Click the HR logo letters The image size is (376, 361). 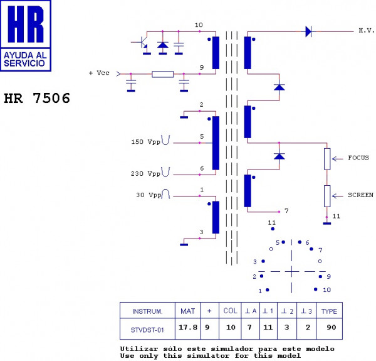tap(26, 24)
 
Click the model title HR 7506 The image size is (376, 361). tap(37, 98)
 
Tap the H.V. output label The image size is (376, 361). tap(366, 31)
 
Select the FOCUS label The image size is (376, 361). tap(358, 158)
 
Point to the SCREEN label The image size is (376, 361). tap(360, 195)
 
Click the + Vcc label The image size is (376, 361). tap(99, 73)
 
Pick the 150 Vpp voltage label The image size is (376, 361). tap(145, 142)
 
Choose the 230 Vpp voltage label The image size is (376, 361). tap(145, 173)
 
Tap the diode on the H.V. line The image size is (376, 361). tap(308, 31)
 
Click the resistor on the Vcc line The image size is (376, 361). tap(162, 74)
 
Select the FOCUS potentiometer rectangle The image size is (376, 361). tap(327, 159)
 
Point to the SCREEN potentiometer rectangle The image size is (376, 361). tap(327, 196)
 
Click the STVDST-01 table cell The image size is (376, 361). tap(147, 330)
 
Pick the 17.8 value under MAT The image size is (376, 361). tap(188, 327)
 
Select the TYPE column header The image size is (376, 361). tap(329, 311)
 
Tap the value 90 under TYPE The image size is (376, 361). tap(331, 327)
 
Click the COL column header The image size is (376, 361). tap(230, 311)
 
